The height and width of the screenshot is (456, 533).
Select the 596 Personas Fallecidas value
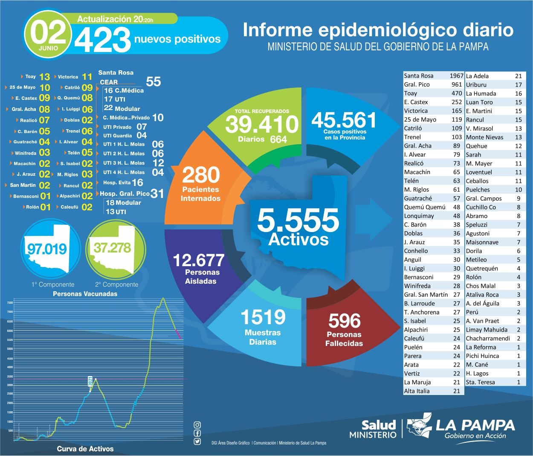click(x=344, y=321)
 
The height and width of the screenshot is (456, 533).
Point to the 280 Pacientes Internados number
click(x=201, y=175)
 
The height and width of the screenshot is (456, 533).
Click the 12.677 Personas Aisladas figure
click(x=198, y=260)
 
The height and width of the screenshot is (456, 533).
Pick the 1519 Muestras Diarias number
click(x=263, y=317)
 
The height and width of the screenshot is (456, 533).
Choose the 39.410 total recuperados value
click(x=262, y=124)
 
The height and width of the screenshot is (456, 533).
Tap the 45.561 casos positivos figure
click(x=344, y=120)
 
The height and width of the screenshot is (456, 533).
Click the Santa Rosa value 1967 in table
click(x=456, y=76)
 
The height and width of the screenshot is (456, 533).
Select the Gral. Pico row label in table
click(x=417, y=84)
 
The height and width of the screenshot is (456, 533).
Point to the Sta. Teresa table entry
click(x=480, y=382)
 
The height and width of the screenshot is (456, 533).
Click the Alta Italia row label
click(x=417, y=391)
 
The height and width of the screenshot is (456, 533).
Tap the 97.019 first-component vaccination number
click(x=47, y=249)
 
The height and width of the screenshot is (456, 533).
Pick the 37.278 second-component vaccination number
click(x=113, y=248)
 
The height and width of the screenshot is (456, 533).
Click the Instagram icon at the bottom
click(x=197, y=425)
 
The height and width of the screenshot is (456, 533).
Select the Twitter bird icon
click(x=197, y=442)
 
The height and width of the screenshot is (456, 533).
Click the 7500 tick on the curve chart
click(x=10, y=303)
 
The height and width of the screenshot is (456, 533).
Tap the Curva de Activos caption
click(x=85, y=449)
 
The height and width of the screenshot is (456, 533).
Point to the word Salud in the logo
click(x=379, y=425)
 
